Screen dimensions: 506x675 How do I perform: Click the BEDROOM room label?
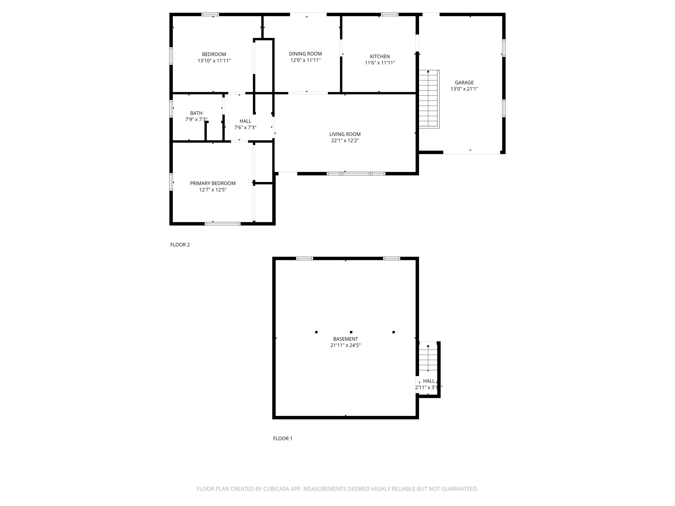click(214, 54)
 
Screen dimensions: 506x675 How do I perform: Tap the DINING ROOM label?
click(305, 54)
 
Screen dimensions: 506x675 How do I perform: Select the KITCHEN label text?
click(380, 56)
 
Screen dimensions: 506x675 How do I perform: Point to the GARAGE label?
click(464, 82)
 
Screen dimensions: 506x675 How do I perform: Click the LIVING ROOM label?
click(345, 134)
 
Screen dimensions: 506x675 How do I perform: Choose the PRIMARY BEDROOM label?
click(213, 183)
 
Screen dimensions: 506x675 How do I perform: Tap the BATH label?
click(196, 113)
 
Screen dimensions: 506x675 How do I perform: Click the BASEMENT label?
click(345, 339)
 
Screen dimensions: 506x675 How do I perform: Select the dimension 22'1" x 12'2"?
click(345, 141)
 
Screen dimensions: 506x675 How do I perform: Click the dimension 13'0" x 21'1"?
click(464, 89)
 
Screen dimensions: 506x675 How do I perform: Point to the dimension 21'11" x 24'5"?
click(345, 345)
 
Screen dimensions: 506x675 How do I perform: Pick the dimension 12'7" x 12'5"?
click(213, 190)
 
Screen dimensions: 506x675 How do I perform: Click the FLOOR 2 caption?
click(180, 245)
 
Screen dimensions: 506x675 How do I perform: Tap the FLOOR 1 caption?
click(283, 439)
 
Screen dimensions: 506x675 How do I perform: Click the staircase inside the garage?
click(428, 99)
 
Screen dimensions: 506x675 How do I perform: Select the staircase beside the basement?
click(428, 357)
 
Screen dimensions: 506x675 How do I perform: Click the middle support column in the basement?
click(351, 332)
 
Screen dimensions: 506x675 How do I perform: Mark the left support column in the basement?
click(316, 332)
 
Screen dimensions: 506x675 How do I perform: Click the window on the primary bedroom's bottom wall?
click(222, 224)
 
